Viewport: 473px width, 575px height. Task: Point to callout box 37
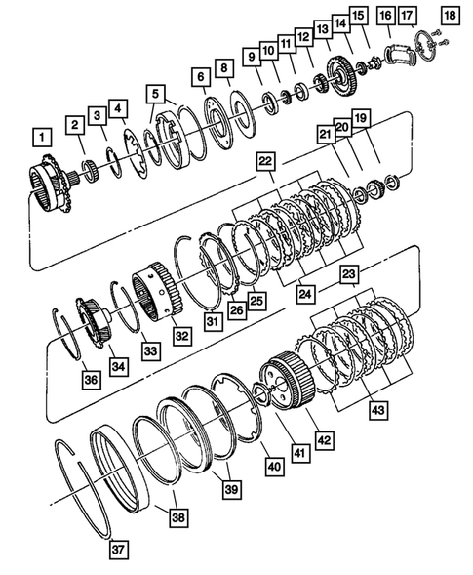tap(118, 550)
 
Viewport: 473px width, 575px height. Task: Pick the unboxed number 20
tap(341, 127)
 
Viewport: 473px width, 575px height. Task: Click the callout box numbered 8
tap(225, 68)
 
